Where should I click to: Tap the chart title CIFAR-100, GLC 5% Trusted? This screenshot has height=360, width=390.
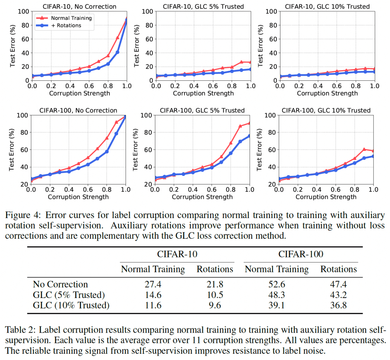(202, 110)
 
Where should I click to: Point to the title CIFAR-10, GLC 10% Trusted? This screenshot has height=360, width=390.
(327, 6)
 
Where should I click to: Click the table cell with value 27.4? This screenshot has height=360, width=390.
(152, 284)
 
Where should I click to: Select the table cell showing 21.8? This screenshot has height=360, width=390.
(215, 284)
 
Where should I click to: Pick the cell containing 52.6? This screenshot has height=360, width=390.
(276, 284)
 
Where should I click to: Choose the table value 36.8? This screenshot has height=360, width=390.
(338, 305)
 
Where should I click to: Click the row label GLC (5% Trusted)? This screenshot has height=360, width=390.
(69, 295)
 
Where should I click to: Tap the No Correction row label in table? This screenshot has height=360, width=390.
(60, 284)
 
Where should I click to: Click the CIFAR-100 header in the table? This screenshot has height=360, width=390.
(301, 254)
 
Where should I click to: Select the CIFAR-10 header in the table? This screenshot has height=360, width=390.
(177, 254)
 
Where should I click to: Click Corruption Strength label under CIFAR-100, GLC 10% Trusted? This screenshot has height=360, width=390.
(326, 197)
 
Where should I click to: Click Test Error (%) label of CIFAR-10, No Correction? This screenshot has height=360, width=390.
(12, 46)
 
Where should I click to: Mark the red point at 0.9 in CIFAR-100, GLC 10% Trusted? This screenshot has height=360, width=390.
(364, 149)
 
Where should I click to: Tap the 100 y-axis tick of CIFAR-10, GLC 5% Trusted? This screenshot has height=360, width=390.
(145, 11)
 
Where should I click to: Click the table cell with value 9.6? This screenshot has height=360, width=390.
(215, 305)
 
